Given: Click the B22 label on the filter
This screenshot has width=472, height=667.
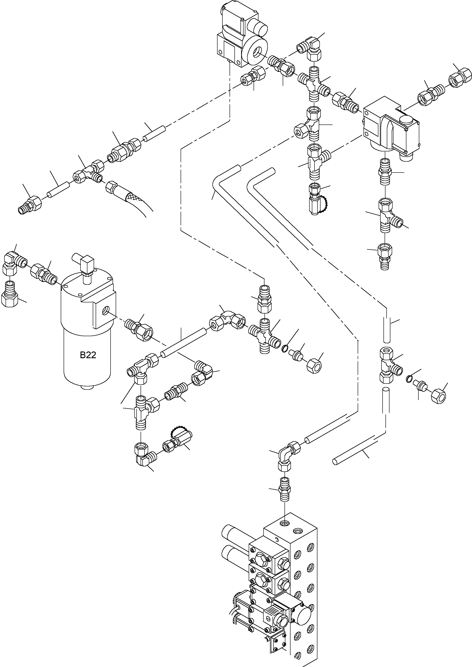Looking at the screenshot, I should tap(88, 355).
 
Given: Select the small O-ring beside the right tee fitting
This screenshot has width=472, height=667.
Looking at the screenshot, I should tap(409, 379).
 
